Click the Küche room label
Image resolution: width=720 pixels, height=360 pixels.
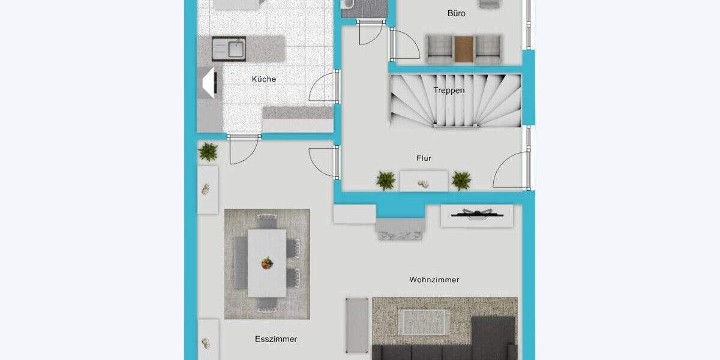click(264, 79)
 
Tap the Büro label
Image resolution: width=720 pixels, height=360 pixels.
click(456, 13)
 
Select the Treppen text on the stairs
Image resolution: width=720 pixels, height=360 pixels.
click(449, 91)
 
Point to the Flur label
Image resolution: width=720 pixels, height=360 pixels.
click(424, 158)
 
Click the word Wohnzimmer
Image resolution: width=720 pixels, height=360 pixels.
click(434, 280)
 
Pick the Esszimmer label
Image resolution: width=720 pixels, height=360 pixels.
click(276, 339)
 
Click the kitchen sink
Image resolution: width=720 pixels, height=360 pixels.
click(236, 48)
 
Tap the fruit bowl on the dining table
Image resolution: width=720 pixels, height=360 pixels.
click(267, 263)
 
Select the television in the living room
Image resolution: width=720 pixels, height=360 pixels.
click(477, 214)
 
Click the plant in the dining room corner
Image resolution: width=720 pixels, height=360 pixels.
click(208, 151)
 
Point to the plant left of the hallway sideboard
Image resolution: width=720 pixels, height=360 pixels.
click(386, 180)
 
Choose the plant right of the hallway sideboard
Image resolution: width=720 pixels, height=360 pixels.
click(461, 180)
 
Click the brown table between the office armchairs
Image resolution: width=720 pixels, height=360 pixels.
click(464, 49)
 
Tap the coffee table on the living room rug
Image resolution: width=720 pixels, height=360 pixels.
click(423, 322)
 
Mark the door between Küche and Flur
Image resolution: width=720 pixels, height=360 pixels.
click(325, 87)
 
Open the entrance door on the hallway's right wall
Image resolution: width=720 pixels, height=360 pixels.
click(513, 168)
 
